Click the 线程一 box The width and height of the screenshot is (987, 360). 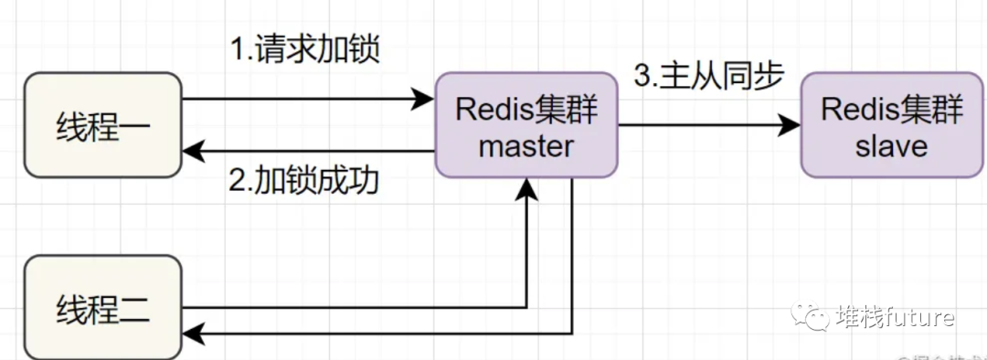(x=102, y=124)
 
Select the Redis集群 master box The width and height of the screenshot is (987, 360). (x=526, y=126)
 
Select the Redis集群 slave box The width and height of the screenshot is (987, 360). (x=892, y=126)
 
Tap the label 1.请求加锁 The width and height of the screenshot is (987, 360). (x=304, y=48)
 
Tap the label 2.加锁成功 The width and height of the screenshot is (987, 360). (x=304, y=180)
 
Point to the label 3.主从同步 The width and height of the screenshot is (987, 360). (x=709, y=77)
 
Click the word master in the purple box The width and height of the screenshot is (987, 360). (x=526, y=146)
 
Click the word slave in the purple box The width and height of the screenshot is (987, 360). (x=892, y=146)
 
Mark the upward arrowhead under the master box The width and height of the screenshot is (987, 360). (x=527, y=188)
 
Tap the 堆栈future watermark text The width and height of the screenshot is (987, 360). (x=895, y=316)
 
